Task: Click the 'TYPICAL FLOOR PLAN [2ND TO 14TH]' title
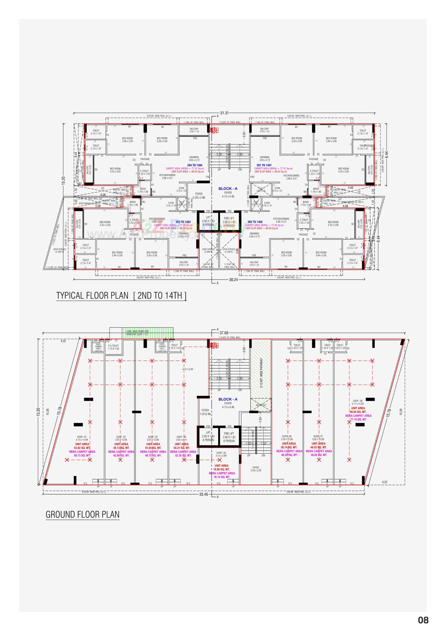121,296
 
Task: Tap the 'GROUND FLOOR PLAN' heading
82,514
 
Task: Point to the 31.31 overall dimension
224,113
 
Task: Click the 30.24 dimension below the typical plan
233,279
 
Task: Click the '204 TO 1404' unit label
195,165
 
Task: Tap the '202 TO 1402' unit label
255,222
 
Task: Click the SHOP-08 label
357,401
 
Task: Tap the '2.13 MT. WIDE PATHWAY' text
261,373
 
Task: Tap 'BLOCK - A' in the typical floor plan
228,188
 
